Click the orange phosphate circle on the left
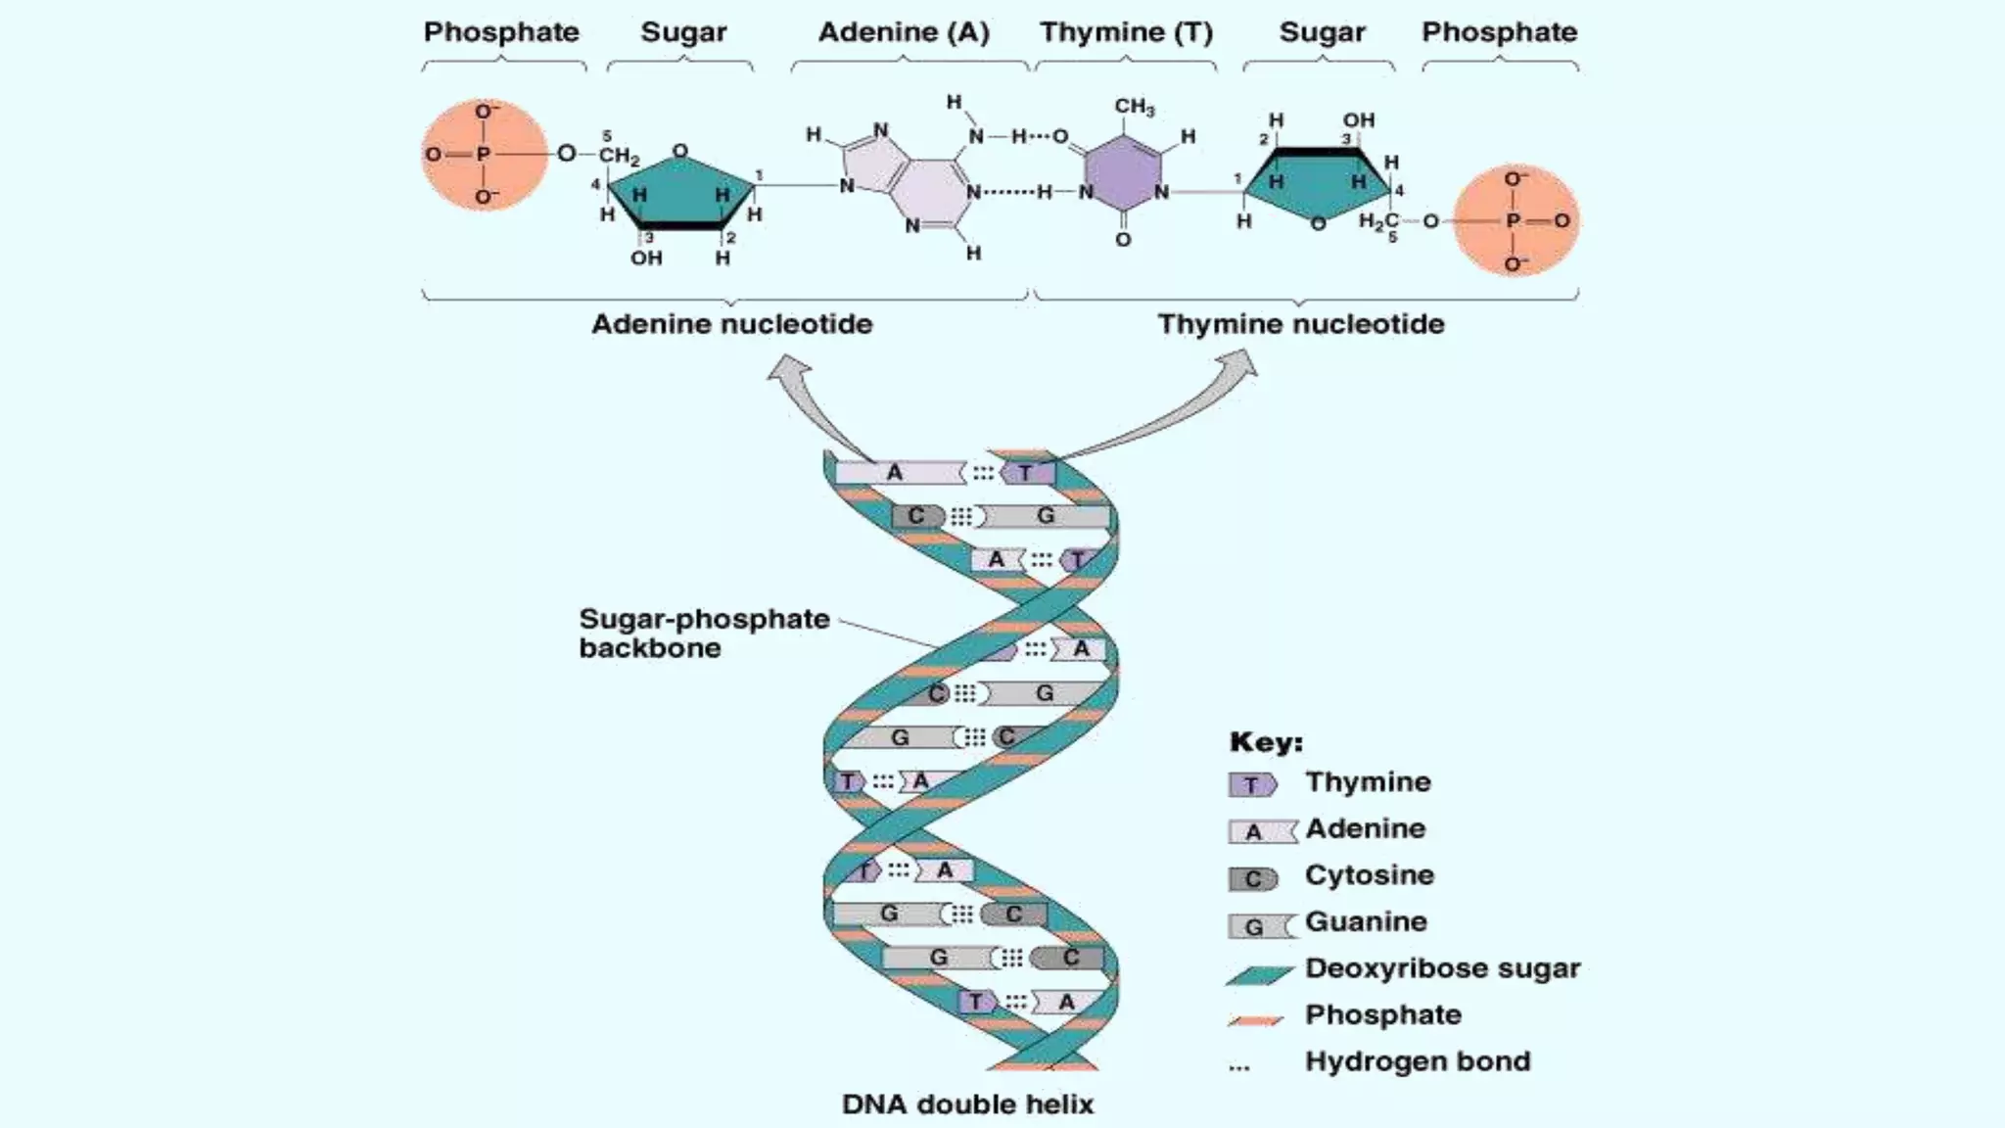click(x=484, y=155)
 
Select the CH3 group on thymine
click(x=1134, y=107)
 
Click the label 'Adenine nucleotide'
click(x=731, y=324)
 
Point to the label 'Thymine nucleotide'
click(x=1300, y=324)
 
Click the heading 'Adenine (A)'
click(x=903, y=32)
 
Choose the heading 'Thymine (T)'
click(x=1126, y=32)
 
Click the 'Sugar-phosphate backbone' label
click(x=703, y=634)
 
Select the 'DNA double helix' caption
click(x=967, y=1104)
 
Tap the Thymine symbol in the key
click(x=1252, y=784)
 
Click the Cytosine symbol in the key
click(x=1252, y=878)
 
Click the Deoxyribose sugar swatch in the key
click(x=1259, y=974)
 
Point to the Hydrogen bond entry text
click(x=1417, y=1061)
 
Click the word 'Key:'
click(x=1265, y=742)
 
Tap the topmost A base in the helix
click(x=895, y=473)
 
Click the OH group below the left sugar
click(x=645, y=258)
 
